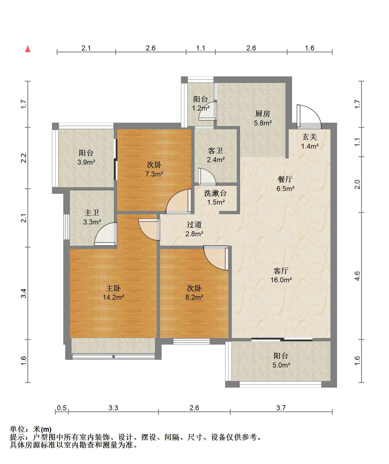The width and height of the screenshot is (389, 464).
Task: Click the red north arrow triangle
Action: point(28,49)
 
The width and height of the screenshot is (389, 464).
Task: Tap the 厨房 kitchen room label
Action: point(262,114)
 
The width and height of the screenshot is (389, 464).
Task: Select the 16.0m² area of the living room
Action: point(281,280)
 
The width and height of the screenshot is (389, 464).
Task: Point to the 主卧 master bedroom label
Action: point(113,288)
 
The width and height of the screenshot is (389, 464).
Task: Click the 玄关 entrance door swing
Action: point(309,117)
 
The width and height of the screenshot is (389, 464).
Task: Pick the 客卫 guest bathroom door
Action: point(207,176)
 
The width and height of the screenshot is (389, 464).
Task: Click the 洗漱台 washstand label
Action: point(215,193)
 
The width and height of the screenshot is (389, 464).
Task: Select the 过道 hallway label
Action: point(194,225)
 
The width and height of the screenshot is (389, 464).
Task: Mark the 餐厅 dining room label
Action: point(285,179)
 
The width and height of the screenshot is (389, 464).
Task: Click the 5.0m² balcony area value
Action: point(281,365)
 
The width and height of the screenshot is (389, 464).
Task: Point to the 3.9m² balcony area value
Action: point(86,162)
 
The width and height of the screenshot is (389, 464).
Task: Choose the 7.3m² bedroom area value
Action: point(154,174)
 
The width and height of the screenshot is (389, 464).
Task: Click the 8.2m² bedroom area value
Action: point(195,297)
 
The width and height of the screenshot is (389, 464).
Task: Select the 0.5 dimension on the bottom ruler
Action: point(62,408)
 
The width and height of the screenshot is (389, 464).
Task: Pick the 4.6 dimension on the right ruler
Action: point(357,276)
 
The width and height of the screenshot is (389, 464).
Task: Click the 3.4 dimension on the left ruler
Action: point(24,293)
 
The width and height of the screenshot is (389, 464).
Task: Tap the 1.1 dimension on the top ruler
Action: point(201,48)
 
